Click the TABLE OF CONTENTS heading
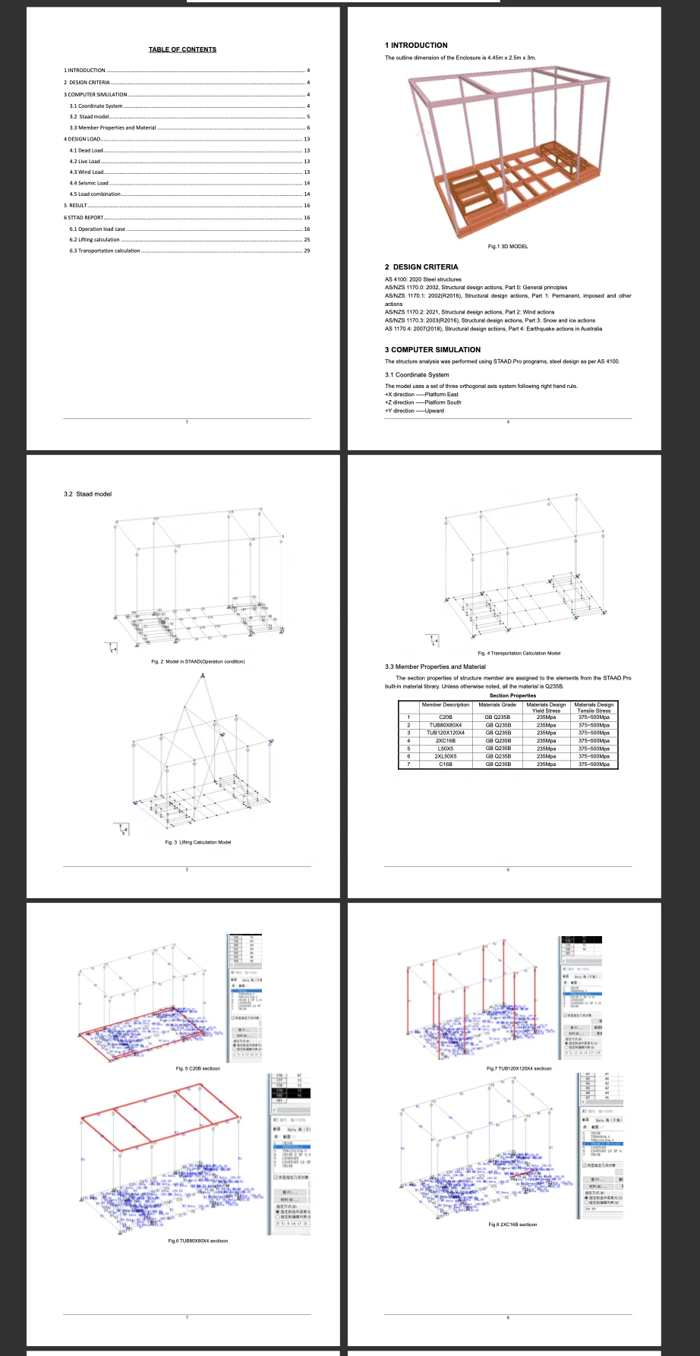click(182, 49)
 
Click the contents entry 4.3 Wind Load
click(87, 172)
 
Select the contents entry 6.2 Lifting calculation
click(94, 240)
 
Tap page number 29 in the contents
click(307, 251)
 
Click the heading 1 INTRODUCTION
click(416, 46)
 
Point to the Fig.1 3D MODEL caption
click(508, 247)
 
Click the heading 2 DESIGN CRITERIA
click(421, 267)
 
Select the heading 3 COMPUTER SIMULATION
click(433, 350)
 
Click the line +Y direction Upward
click(415, 411)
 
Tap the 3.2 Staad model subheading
click(87, 494)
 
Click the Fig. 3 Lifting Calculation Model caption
click(198, 842)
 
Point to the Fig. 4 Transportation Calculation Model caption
click(519, 653)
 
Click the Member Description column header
click(446, 705)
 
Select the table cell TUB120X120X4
click(446, 733)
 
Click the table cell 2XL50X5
click(446, 756)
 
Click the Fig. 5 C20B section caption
click(198, 1068)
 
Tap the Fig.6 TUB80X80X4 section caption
click(198, 1241)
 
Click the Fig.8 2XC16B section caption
click(512, 1224)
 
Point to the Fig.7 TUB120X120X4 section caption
click(519, 1068)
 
